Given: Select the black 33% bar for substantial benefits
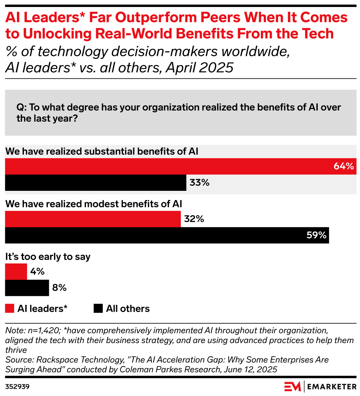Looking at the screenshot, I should [96, 182].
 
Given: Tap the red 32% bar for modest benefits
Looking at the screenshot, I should [93, 219].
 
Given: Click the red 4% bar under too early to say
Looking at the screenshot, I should [16, 272].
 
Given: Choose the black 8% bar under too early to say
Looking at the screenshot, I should [27, 288].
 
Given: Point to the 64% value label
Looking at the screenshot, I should [343, 166].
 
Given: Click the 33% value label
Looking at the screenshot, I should [199, 182].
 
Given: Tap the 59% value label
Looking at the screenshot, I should [316, 235].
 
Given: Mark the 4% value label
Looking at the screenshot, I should [37, 272].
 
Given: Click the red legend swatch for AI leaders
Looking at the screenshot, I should [10, 308].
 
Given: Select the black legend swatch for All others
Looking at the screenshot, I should [98, 308].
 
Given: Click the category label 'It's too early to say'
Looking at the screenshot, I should [48, 257].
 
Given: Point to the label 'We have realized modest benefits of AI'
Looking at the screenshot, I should [94, 204].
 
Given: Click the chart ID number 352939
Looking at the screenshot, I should [17, 386].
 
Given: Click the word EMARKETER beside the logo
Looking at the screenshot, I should [332, 386].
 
